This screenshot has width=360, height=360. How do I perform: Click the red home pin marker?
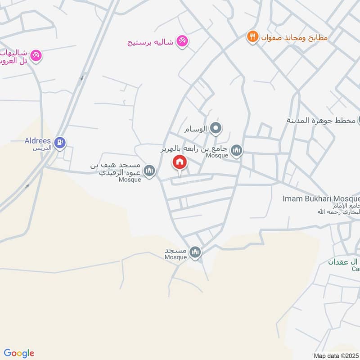(x=180, y=162)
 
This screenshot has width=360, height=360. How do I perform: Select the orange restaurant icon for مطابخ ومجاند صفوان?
(x=252, y=37)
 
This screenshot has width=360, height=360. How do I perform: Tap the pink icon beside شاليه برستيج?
(x=182, y=41)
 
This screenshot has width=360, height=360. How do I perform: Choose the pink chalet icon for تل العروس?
(x=36, y=56)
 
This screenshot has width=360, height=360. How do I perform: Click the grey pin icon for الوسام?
(x=216, y=129)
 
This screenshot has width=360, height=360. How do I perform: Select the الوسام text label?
(x=196, y=129)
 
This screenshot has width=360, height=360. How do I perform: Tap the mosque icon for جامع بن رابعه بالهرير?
(x=237, y=150)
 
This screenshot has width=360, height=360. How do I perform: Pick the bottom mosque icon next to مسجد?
(x=195, y=252)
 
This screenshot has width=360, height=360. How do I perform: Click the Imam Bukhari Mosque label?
(x=322, y=198)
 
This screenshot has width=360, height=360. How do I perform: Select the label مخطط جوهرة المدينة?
(x=320, y=121)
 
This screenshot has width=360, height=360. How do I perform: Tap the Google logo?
(x=19, y=353)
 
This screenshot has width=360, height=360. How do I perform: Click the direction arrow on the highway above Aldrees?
(x=81, y=78)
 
